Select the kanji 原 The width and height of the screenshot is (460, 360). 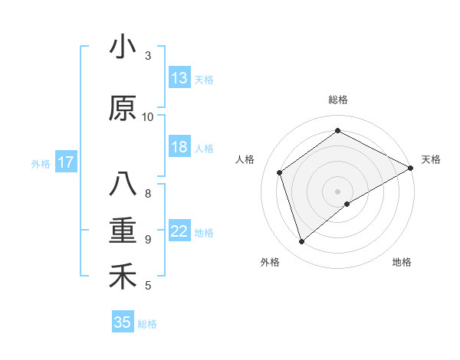(x=123, y=108)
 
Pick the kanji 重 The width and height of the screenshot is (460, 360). (x=123, y=231)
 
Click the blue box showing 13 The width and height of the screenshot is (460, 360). (x=179, y=78)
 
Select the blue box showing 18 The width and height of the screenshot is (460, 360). (x=179, y=147)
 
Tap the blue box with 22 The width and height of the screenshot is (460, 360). (x=179, y=232)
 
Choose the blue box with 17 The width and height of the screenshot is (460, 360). (x=65, y=162)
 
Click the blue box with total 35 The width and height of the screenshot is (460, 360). (x=123, y=322)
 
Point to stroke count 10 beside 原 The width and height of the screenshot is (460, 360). (x=148, y=116)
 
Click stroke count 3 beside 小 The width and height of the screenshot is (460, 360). (x=148, y=55)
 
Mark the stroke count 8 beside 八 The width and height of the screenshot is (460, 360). (x=148, y=193)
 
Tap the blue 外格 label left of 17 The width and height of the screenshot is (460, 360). (x=41, y=163)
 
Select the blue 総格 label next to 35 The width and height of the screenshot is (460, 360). (x=148, y=323)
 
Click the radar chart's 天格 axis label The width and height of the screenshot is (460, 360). (x=432, y=159)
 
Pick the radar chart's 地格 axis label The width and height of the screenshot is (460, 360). (x=402, y=262)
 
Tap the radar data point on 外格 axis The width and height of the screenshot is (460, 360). (x=302, y=242)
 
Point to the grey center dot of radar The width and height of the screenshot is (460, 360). (x=337, y=190)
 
